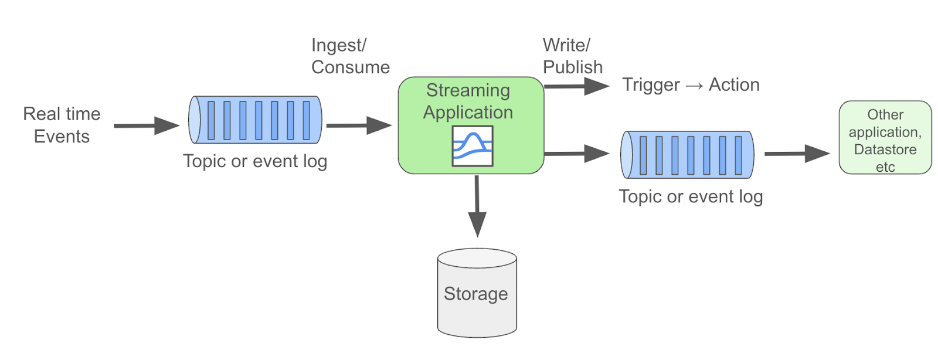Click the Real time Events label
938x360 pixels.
pyautogui.click(x=62, y=125)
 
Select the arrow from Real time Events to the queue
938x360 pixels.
pyautogui.click(x=146, y=125)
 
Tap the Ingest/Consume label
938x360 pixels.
pyautogui.click(x=350, y=56)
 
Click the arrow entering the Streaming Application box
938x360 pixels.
pyautogui.click(x=358, y=125)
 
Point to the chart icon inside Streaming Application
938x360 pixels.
pyautogui.click(x=472, y=147)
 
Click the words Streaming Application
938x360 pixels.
pyautogui.click(x=468, y=101)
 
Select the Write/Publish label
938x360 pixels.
pyautogui.click(x=572, y=56)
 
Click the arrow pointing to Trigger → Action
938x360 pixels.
pyautogui.click(x=577, y=87)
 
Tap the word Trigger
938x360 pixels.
pyautogui.click(x=651, y=85)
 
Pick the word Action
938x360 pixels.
pyautogui.click(x=734, y=85)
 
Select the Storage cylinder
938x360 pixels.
pyautogui.click(x=477, y=293)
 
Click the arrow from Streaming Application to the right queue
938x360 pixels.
pyautogui.click(x=577, y=154)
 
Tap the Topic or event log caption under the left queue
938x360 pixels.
pyautogui.click(x=255, y=161)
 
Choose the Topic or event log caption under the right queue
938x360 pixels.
pyautogui.click(x=691, y=196)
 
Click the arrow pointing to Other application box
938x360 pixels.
pyautogui.click(x=797, y=154)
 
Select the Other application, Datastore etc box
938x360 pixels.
pyautogui.click(x=885, y=137)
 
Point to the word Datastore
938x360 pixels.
pyautogui.click(x=885, y=150)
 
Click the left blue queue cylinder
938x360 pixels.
pyautogui.click(x=255, y=120)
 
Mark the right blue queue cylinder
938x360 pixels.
pyautogui.click(x=687, y=155)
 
